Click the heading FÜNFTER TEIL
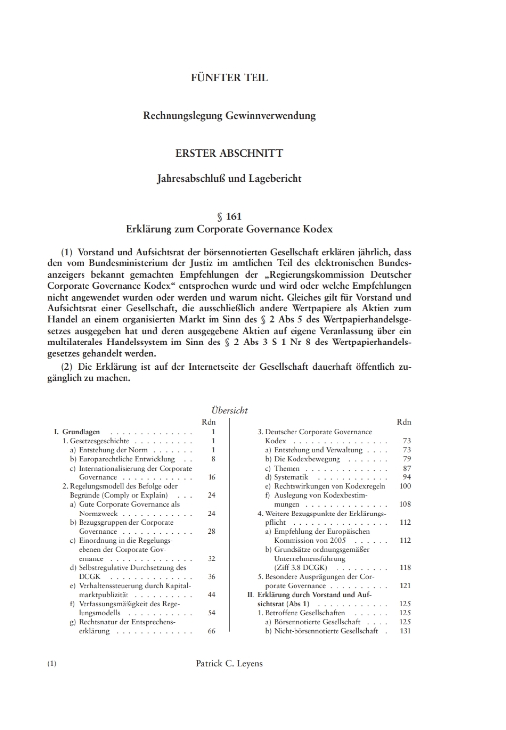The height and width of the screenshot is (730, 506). click(229, 78)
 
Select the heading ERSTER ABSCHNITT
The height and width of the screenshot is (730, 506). click(229, 153)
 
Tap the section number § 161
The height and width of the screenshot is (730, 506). click(229, 216)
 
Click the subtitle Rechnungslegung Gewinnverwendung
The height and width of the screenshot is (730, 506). click(229, 116)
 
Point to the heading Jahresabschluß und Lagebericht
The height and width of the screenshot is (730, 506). click(229, 179)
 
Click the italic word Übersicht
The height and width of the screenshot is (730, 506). click(229, 410)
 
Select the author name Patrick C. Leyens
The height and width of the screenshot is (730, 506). click(229, 664)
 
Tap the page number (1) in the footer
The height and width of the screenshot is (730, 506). click(52, 664)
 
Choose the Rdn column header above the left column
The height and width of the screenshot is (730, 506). click(209, 422)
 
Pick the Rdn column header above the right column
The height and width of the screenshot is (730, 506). click(404, 422)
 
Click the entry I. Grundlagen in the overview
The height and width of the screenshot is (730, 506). click(77, 432)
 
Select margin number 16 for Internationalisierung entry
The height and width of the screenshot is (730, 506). click(211, 477)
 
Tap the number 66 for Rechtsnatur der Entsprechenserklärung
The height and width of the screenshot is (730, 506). click(211, 631)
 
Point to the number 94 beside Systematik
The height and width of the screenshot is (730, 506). click(406, 477)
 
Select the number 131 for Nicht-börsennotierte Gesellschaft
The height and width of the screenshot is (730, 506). click(405, 631)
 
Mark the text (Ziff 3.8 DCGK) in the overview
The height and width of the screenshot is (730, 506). click(300, 568)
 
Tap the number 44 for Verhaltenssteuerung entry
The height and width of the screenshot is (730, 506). click(211, 595)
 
